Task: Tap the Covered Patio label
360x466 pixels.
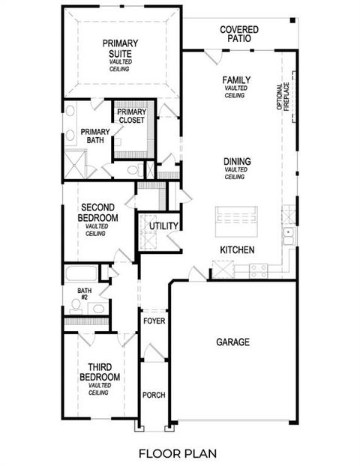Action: [x=239, y=33]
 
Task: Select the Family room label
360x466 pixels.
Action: [x=236, y=80]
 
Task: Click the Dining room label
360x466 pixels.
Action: [x=236, y=162]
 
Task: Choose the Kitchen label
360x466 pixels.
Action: [x=237, y=249]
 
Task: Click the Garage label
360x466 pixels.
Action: [x=232, y=342]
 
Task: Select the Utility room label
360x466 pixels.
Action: [x=163, y=226]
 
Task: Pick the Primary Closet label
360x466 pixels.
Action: [x=131, y=116]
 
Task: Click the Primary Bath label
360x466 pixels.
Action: [x=95, y=136]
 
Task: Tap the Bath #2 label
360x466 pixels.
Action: [x=84, y=294]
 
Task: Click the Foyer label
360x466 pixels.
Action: [x=154, y=321]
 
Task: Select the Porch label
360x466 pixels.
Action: [x=154, y=395]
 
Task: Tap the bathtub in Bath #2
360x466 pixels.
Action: [x=85, y=273]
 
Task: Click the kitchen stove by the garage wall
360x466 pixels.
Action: [x=259, y=270]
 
